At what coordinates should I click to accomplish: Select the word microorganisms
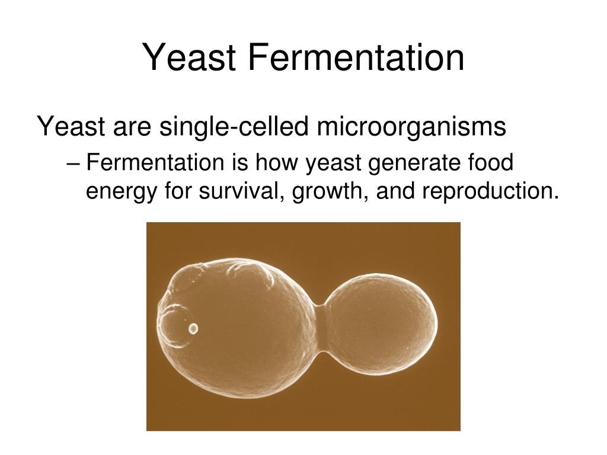tap(410, 127)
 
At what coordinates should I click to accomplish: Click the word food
tap(488, 163)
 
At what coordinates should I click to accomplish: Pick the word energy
tap(120, 192)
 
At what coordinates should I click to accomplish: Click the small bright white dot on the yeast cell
tap(193, 328)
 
